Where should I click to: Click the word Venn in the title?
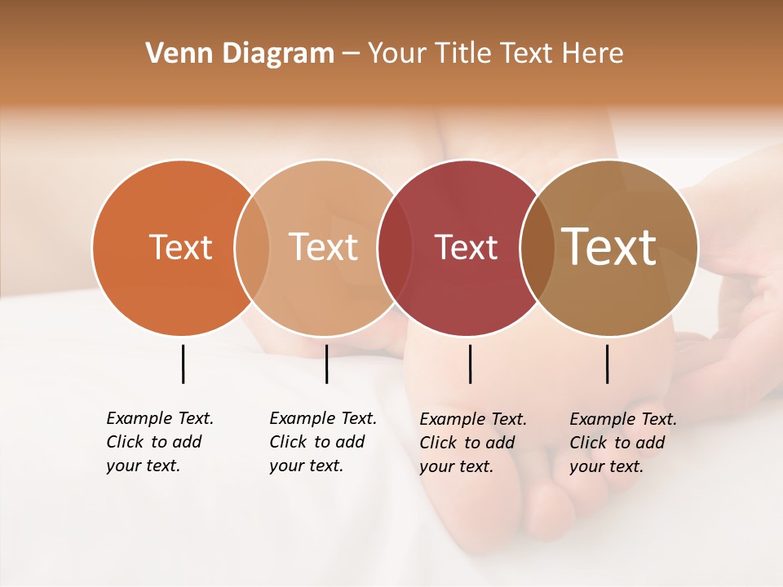pos(173,54)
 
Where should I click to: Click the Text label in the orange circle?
pos(180,247)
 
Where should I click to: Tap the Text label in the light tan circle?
pos(324,247)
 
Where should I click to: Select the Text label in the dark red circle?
pos(466,247)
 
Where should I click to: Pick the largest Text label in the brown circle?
pos(609,247)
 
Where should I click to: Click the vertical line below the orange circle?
pos(183,364)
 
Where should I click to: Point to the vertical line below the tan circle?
pos(326,364)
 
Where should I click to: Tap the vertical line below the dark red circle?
pos(470,364)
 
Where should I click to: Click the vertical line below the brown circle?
pos(607,364)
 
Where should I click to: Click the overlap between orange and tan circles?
pos(252,247)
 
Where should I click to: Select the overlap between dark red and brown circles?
pos(537,247)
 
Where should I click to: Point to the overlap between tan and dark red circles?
pos(392,247)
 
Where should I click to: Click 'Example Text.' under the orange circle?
pos(160,418)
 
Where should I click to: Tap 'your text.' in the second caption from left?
pos(306,466)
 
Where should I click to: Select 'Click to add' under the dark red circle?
pos(467,443)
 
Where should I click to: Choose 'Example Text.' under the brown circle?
pos(623,419)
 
